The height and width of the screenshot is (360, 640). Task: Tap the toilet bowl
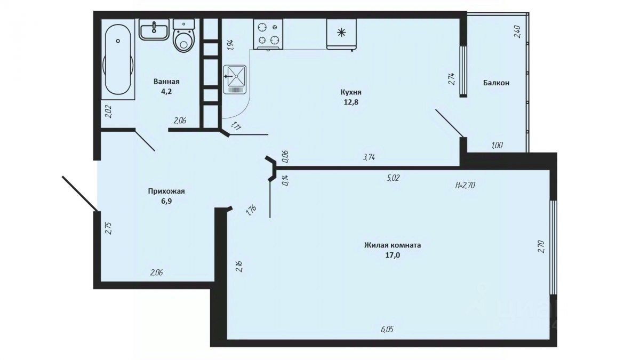coord(183,36)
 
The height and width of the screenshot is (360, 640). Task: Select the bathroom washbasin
coord(154,29)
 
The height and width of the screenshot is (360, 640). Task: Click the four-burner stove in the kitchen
coord(268,34)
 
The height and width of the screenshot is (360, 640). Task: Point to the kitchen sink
coord(235,79)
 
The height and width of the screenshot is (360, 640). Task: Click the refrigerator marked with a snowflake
coord(341,34)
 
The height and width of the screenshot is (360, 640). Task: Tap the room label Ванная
coord(166,82)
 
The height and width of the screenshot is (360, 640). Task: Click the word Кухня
coord(351,92)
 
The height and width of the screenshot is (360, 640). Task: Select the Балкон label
coord(497,83)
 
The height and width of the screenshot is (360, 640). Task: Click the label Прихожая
coord(166,191)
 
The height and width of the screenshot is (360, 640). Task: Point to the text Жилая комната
coord(393,245)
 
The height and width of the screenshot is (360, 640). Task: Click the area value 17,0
coord(393,255)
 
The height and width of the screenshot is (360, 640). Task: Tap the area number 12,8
coord(351,102)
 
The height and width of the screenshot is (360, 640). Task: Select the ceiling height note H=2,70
coord(465,185)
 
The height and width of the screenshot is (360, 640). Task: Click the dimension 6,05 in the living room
coord(387,330)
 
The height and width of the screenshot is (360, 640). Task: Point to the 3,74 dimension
coord(369,157)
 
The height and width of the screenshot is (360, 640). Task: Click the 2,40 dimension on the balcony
coord(517,31)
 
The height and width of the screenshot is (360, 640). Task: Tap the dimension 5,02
coord(393,178)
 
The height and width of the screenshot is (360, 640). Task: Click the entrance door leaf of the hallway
coord(79,194)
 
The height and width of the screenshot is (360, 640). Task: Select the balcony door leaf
coord(450,123)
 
